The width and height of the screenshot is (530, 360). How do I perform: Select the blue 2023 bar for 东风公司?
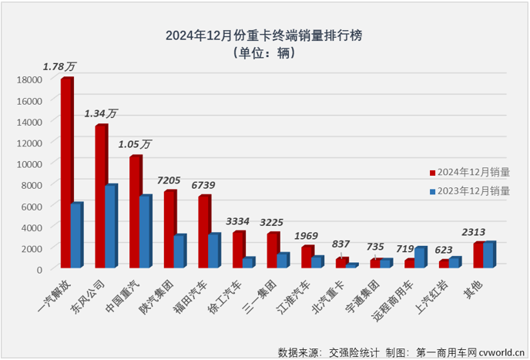coord(109,227)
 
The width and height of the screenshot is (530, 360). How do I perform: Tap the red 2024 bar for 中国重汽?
coord(134,212)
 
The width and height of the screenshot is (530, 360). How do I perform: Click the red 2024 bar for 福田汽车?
coord(203,231)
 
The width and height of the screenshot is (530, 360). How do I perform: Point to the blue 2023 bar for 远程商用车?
coord(419,257)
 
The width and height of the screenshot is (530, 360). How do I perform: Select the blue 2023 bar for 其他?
coord(488,255)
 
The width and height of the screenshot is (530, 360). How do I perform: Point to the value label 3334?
coord(237,221)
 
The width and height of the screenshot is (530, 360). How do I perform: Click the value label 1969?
coord(307,235)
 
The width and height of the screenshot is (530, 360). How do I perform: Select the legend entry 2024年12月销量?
coord(471,173)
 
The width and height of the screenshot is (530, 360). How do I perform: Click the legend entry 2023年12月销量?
coord(471,192)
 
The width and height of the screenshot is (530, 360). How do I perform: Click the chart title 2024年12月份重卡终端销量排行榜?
coord(265,35)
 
